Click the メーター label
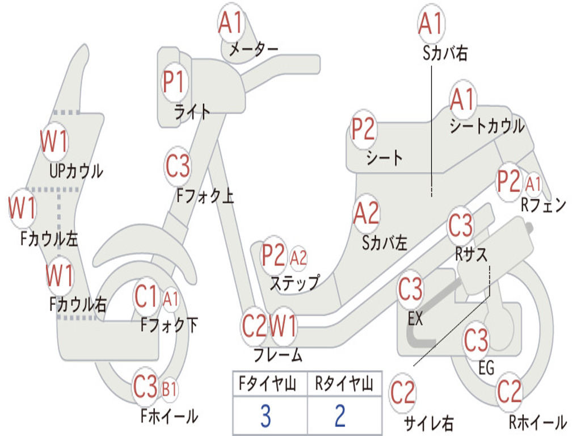coord(253,50)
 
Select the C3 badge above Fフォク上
coord(178,166)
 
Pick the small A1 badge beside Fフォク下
coord(171,297)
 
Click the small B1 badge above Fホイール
coord(170,389)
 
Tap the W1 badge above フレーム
coord(283,326)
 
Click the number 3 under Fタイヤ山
coord(265,416)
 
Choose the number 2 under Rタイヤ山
coord(340,416)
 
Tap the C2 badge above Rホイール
coord(509,391)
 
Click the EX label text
coord(415,319)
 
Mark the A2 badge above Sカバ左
coord(366,213)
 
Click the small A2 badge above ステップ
coord(298,258)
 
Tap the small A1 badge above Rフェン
coord(533,183)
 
